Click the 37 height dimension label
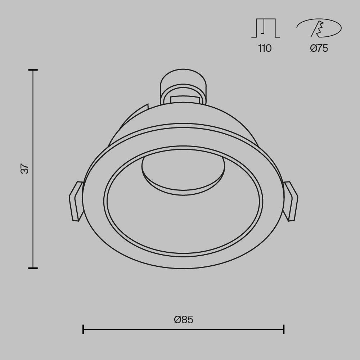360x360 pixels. pos(24,169)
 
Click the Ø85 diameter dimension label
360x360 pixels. pos(184,320)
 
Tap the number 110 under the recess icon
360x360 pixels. pos(265,49)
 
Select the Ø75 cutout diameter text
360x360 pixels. pos(319,49)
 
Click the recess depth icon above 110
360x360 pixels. pos(265,28)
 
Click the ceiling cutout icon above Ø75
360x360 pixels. pos(319,28)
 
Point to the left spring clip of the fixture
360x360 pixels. pos(76,201)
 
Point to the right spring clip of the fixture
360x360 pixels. pos(291,201)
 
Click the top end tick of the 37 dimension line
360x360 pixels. pos(33,70)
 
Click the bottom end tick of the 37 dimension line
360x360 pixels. pos(33,268)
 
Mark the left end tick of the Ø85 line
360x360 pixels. pos(83,329)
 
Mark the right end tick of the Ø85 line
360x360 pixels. pos(284,329)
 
